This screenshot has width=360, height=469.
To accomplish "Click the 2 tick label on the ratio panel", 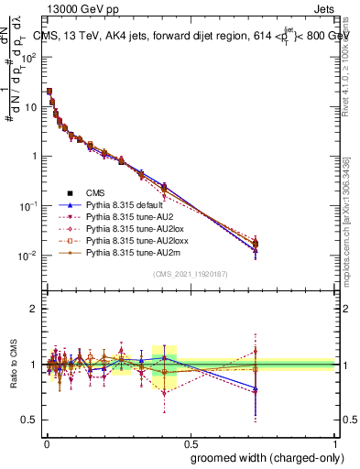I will [x=34, y=309].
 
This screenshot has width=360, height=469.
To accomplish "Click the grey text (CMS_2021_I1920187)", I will [x=190, y=274].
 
